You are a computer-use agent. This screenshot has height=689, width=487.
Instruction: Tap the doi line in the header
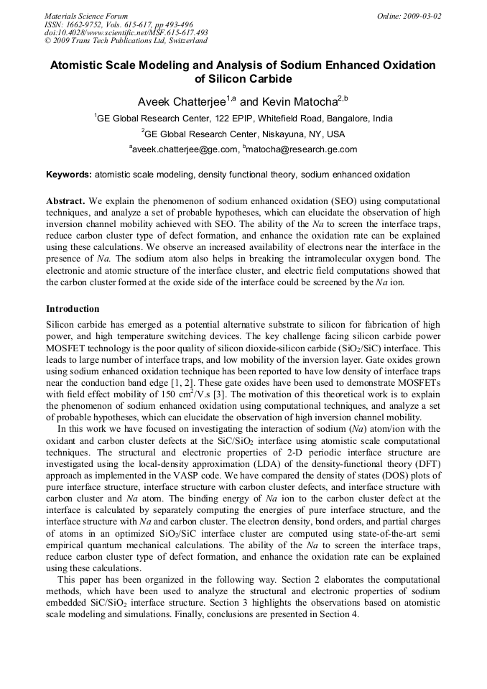[126, 33]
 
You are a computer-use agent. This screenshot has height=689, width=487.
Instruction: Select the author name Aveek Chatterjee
[181, 101]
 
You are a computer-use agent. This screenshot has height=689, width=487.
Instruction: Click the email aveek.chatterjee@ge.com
[185, 149]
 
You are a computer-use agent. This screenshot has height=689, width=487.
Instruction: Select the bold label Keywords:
[69, 175]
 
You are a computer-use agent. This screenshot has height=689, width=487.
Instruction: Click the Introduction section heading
[73, 309]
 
